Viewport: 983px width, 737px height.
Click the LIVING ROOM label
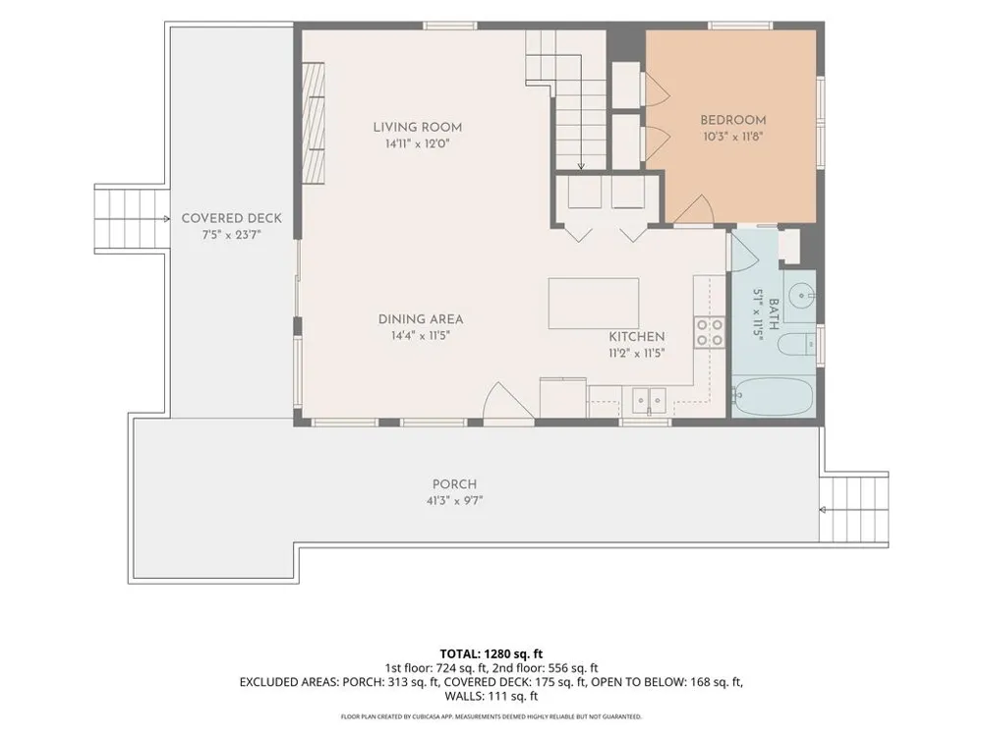coord(418,127)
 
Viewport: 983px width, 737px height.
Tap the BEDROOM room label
coord(733,120)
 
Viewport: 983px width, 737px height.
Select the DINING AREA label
coord(421,319)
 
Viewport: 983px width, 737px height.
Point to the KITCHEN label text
coord(636,336)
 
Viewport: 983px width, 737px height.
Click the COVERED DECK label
coord(231,218)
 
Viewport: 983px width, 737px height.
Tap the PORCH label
coord(454,484)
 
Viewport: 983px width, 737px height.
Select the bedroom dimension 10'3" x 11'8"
coord(733,136)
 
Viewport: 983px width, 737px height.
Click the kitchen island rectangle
coord(594,304)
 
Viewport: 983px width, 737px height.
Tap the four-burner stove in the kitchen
coord(709,333)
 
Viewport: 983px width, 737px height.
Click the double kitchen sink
coord(648,401)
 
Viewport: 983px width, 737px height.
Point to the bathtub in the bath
coord(773,395)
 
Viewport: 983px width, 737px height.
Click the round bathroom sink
coord(800,295)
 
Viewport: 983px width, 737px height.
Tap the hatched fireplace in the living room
coord(315,123)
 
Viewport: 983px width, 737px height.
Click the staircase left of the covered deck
coord(132,219)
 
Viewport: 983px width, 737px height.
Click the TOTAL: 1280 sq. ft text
coord(491,654)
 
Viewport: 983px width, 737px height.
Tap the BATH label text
coord(774,314)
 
